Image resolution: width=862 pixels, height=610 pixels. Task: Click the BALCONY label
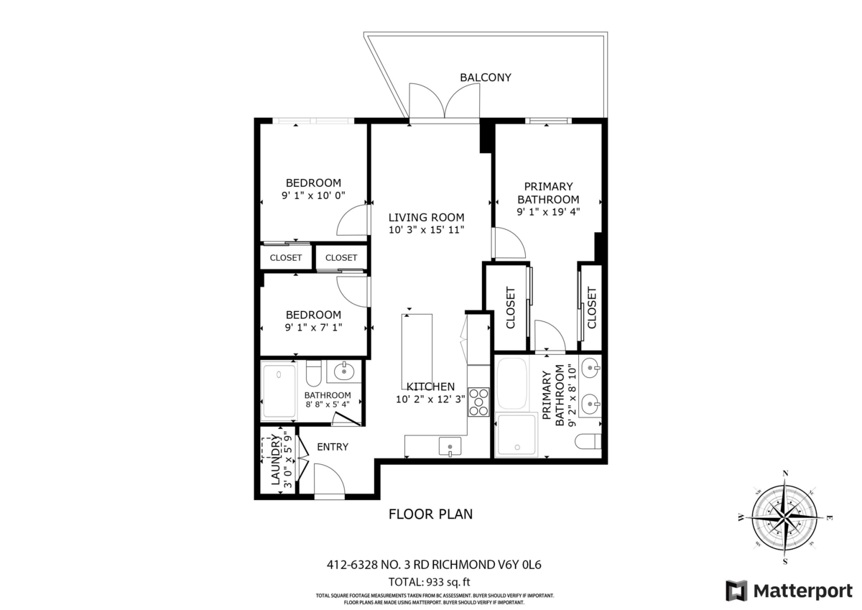(x=486, y=78)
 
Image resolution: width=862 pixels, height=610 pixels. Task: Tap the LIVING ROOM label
(x=427, y=218)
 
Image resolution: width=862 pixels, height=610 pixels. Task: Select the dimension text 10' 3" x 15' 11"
(x=427, y=230)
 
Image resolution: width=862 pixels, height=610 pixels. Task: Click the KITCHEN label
(x=430, y=387)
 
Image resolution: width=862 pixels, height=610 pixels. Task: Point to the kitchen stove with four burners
(x=478, y=402)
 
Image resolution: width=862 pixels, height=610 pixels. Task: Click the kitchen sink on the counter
(x=450, y=446)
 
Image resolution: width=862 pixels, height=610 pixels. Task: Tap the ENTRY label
(x=333, y=447)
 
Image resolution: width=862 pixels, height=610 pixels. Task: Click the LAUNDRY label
(x=276, y=459)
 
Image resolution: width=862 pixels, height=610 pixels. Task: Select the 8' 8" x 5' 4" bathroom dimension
(x=328, y=405)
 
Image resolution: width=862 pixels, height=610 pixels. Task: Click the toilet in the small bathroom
(x=314, y=373)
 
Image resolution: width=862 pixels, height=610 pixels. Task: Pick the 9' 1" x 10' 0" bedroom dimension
(x=313, y=195)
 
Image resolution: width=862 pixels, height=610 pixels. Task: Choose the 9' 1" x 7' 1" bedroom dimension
(x=313, y=328)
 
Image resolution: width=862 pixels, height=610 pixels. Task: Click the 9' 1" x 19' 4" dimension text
(x=548, y=212)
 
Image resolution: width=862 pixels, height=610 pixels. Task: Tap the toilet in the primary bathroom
(x=588, y=441)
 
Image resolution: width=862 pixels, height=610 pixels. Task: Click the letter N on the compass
(x=786, y=473)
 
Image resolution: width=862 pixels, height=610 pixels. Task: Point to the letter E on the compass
(x=829, y=518)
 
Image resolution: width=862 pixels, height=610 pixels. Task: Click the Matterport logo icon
(x=736, y=591)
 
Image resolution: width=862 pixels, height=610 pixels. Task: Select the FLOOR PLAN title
(x=430, y=514)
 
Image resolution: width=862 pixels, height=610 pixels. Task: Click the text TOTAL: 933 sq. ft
(x=429, y=582)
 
